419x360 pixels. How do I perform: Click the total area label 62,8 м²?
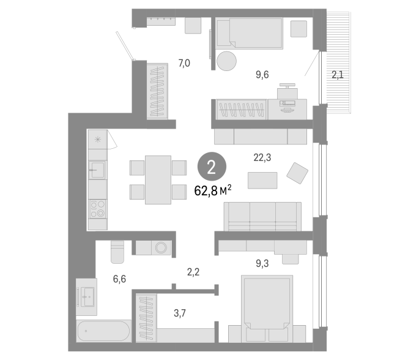click(213, 190)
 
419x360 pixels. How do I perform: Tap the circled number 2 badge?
click(212, 167)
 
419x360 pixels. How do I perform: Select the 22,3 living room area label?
click(262, 157)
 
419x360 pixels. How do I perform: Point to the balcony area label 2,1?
click(337, 75)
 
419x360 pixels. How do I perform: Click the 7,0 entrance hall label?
click(184, 63)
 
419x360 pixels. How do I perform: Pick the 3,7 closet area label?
click(180, 313)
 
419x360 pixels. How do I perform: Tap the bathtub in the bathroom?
click(104, 331)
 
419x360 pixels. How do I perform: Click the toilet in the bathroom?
click(117, 252)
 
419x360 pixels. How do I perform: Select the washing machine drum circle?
click(161, 248)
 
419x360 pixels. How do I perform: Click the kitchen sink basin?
click(97, 170)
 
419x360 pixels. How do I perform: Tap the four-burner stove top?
click(97, 209)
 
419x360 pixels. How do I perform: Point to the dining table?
click(158, 180)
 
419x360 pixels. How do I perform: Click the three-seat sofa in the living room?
click(262, 216)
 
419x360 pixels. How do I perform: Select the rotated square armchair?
click(297, 173)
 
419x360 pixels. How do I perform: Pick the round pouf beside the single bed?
click(226, 61)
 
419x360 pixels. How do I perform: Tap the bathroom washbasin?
click(86, 296)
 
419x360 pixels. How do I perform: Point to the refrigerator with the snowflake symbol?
click(98, 140)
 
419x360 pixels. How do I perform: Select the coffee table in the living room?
click(262, 181)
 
